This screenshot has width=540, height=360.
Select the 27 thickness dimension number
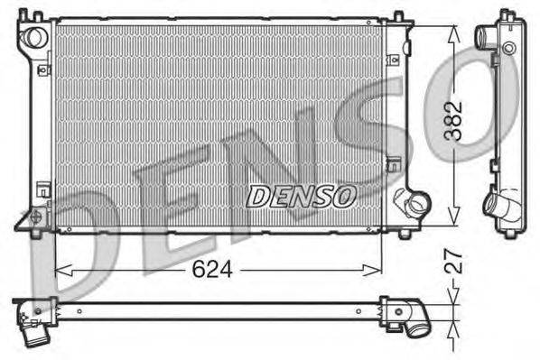click(x=457, y=262)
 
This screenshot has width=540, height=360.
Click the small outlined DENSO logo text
click(x=303, y=195)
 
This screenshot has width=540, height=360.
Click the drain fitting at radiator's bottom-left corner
click(x=36, y=217)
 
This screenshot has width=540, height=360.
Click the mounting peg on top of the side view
click(x=507, y=14)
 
